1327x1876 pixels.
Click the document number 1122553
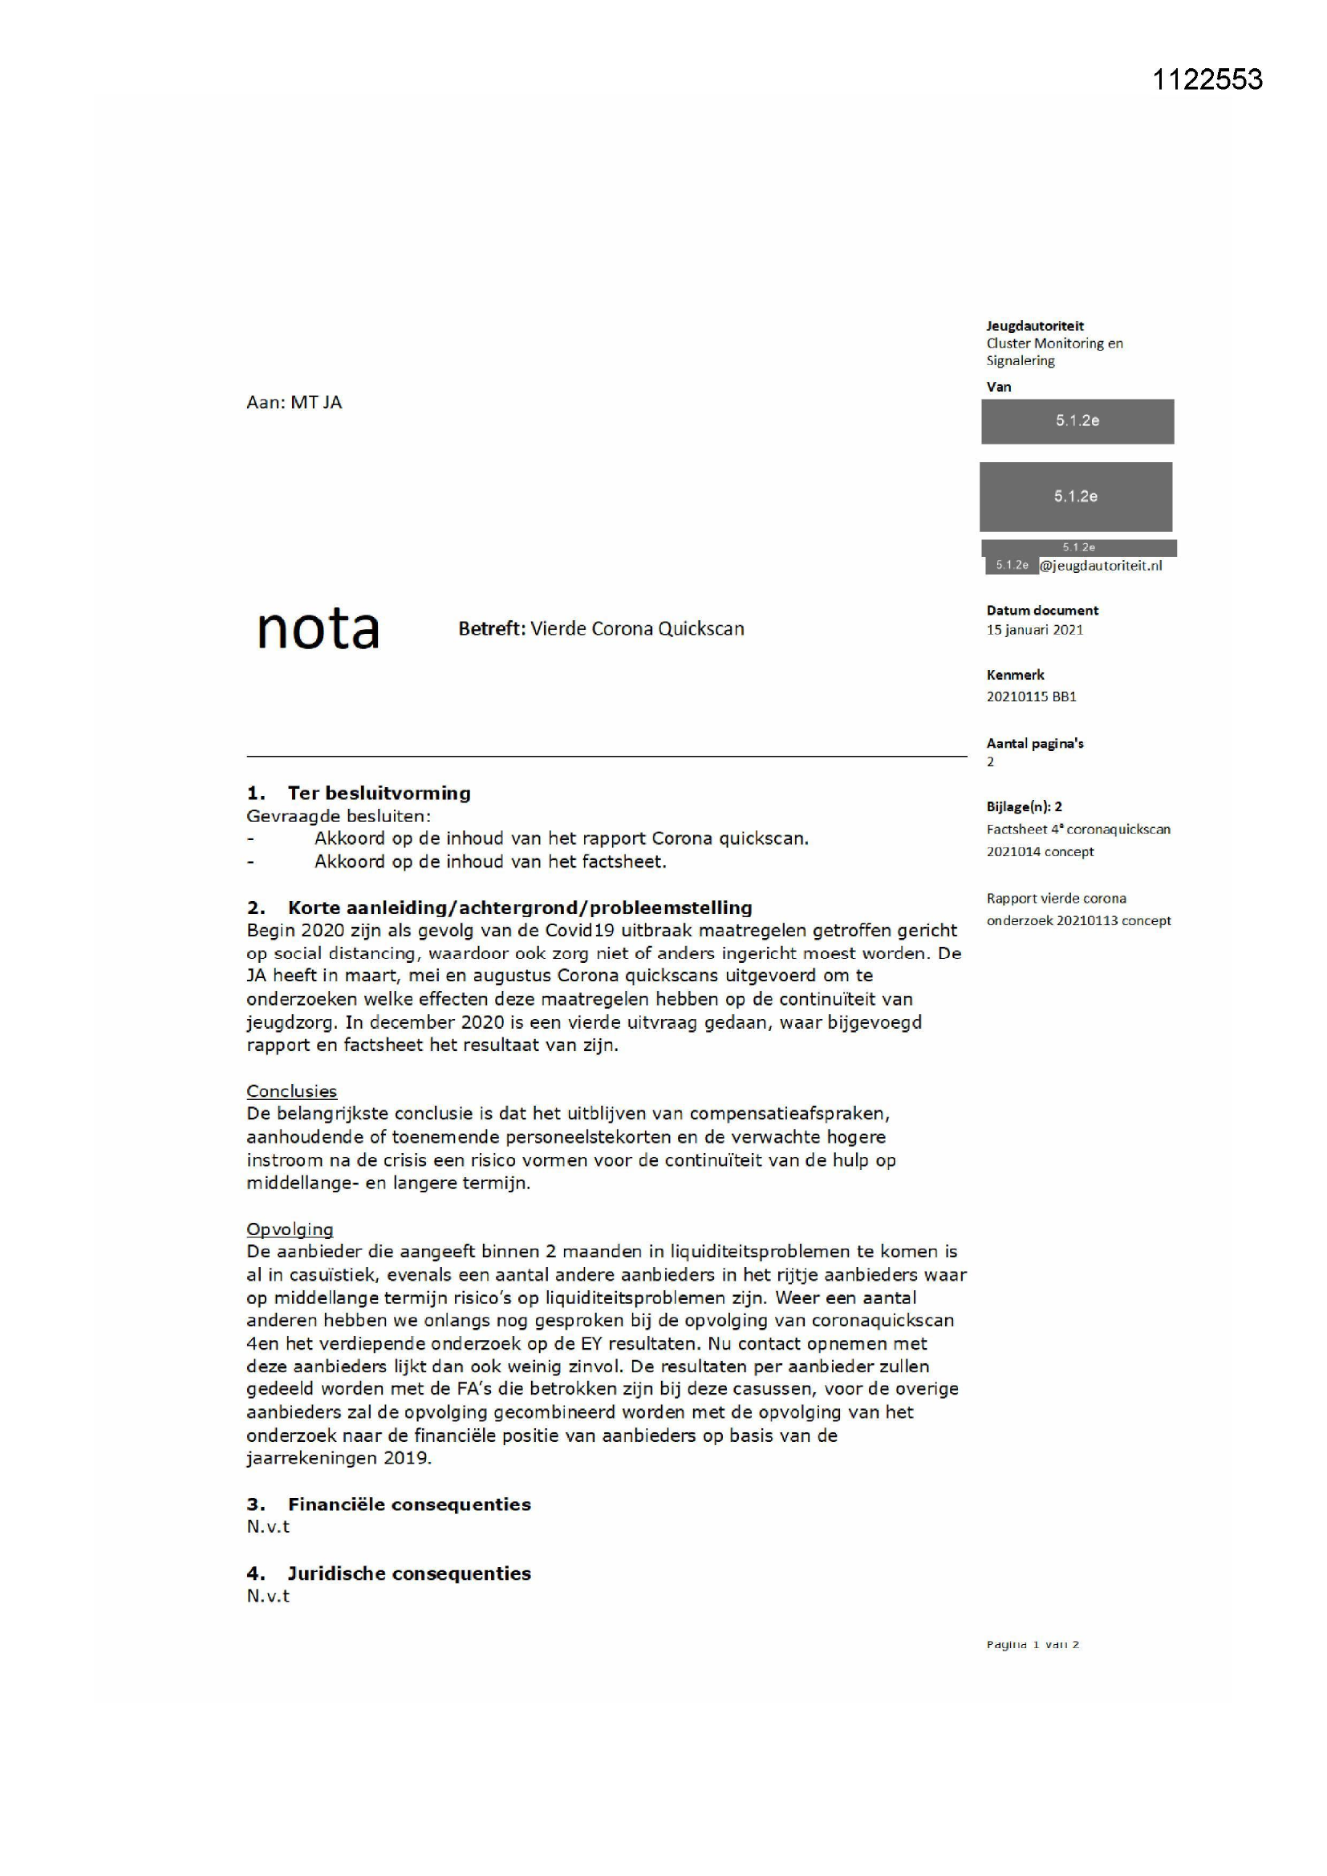click(x=1207, y=79)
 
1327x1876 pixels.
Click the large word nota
click(x=318, y=629)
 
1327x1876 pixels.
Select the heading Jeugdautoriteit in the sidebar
click(x=1034, y=326)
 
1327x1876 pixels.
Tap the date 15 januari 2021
click(x=1034, y=630)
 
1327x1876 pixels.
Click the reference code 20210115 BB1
click(x=1031, y=697)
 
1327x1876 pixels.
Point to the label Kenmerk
click(x=1015, y=675)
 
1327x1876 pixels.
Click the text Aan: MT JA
click(x=294, y=402)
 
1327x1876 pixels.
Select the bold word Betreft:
click(x=491, y=629)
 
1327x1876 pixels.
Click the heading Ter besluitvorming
click(x=379, y=793)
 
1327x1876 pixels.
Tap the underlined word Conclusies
click(x=292, y=1090)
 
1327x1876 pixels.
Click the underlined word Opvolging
click(x=290, y=1229)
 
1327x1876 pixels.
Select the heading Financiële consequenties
click(x=409, y=1504)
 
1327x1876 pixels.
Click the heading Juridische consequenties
click(x=408, y=1573)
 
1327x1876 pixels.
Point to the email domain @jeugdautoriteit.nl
click(x=1101, y=566)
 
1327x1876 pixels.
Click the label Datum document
click(x=1042, y=611)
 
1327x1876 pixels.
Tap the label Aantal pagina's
click(x=1034, y=744)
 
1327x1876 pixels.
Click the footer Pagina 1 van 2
click(x=1033, y=1645)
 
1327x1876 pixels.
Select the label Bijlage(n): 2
click(x=1024, y=806)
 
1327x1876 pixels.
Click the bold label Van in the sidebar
click(x=999, y=387)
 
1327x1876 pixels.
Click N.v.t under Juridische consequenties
click(x=268, y=1596)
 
